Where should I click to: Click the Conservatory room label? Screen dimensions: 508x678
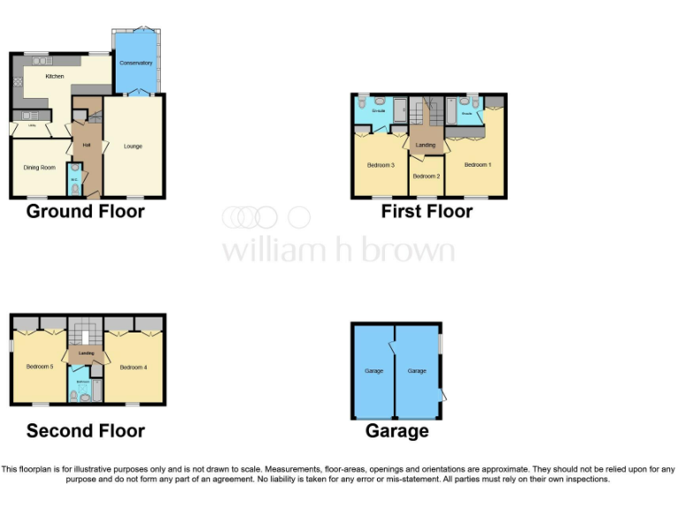(136, 63)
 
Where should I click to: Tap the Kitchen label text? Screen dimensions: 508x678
(55, 77)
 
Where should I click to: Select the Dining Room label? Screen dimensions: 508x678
(39, 168)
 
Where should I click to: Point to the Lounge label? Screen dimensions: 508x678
(132, 146)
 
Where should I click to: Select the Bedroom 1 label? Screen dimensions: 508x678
(478, 165)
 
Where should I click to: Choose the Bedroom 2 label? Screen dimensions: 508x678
(426, 176)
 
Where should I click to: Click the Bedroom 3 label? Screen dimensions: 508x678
(380, 165)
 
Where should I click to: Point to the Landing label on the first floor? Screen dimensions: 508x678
(426, 145)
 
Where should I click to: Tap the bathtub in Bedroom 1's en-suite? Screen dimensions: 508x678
(452, 112)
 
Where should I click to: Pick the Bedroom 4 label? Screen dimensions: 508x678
(132, 367)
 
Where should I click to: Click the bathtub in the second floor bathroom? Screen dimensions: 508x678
(97, 389)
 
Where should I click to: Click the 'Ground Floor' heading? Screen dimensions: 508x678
(85, 212)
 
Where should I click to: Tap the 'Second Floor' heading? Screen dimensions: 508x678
(85, 431)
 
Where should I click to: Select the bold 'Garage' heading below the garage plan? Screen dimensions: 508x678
(397, 431)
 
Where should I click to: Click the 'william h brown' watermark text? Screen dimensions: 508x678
(338, 250)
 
